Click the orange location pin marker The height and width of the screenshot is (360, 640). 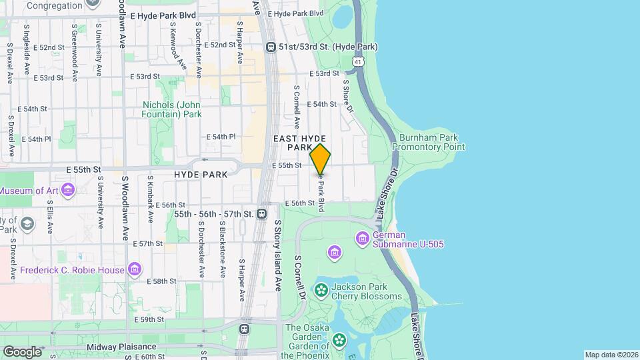point(320,159)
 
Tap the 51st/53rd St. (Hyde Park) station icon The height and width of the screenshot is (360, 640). point(271,47)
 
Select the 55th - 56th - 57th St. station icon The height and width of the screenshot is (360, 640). point(261,214)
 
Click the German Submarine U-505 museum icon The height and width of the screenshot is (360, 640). point(363,238)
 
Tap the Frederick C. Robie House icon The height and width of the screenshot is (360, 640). point(135,269)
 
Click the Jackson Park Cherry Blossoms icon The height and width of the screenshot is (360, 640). point(321,290)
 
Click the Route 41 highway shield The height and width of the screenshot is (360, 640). point(359,61)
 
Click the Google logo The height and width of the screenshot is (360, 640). point(21,351)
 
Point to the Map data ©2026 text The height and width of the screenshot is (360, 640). point(611,355)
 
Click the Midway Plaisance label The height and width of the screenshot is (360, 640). point(121,347)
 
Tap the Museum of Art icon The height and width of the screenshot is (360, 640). point(67,191)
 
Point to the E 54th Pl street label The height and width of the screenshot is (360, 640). point(221,137)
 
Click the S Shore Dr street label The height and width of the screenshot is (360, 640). point(347,97)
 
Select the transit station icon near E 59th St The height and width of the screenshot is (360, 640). point(245,329)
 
